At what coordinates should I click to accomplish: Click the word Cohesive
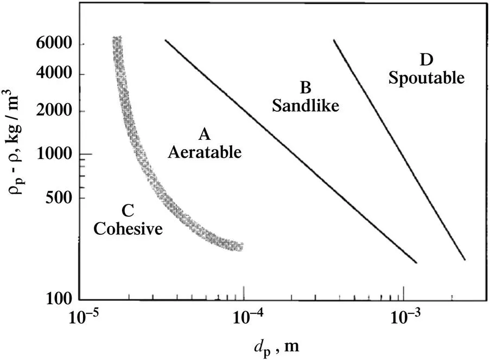[128, 229]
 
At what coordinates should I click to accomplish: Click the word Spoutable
[427, 78]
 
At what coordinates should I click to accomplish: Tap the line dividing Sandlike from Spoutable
[399, 149]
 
